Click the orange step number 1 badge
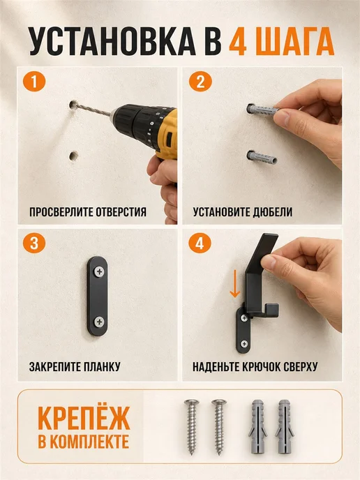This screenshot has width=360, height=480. [34, 82]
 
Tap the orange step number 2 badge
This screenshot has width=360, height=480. [200, 82]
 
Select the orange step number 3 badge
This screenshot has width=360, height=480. [34, 243]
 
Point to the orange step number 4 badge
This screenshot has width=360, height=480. [200, 243]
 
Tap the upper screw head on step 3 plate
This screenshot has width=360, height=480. [99, 271]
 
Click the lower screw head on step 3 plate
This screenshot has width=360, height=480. [99, 322]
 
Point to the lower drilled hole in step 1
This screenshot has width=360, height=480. [73, 156]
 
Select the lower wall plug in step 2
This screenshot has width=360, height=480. [262, 158]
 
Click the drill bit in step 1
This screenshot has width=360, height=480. [93, 110]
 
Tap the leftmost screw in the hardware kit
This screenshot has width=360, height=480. [192, 427]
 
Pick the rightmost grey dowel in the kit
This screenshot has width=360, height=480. [285, 426]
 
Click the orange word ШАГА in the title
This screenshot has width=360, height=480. [297, 41]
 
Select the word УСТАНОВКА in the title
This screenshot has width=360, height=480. [112, 41]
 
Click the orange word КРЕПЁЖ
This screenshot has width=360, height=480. [84, 417]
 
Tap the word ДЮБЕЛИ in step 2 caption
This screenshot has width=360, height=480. [273, 212]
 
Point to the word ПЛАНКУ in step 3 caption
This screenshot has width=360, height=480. [102, 366]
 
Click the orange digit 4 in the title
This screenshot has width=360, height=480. [238, 41]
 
